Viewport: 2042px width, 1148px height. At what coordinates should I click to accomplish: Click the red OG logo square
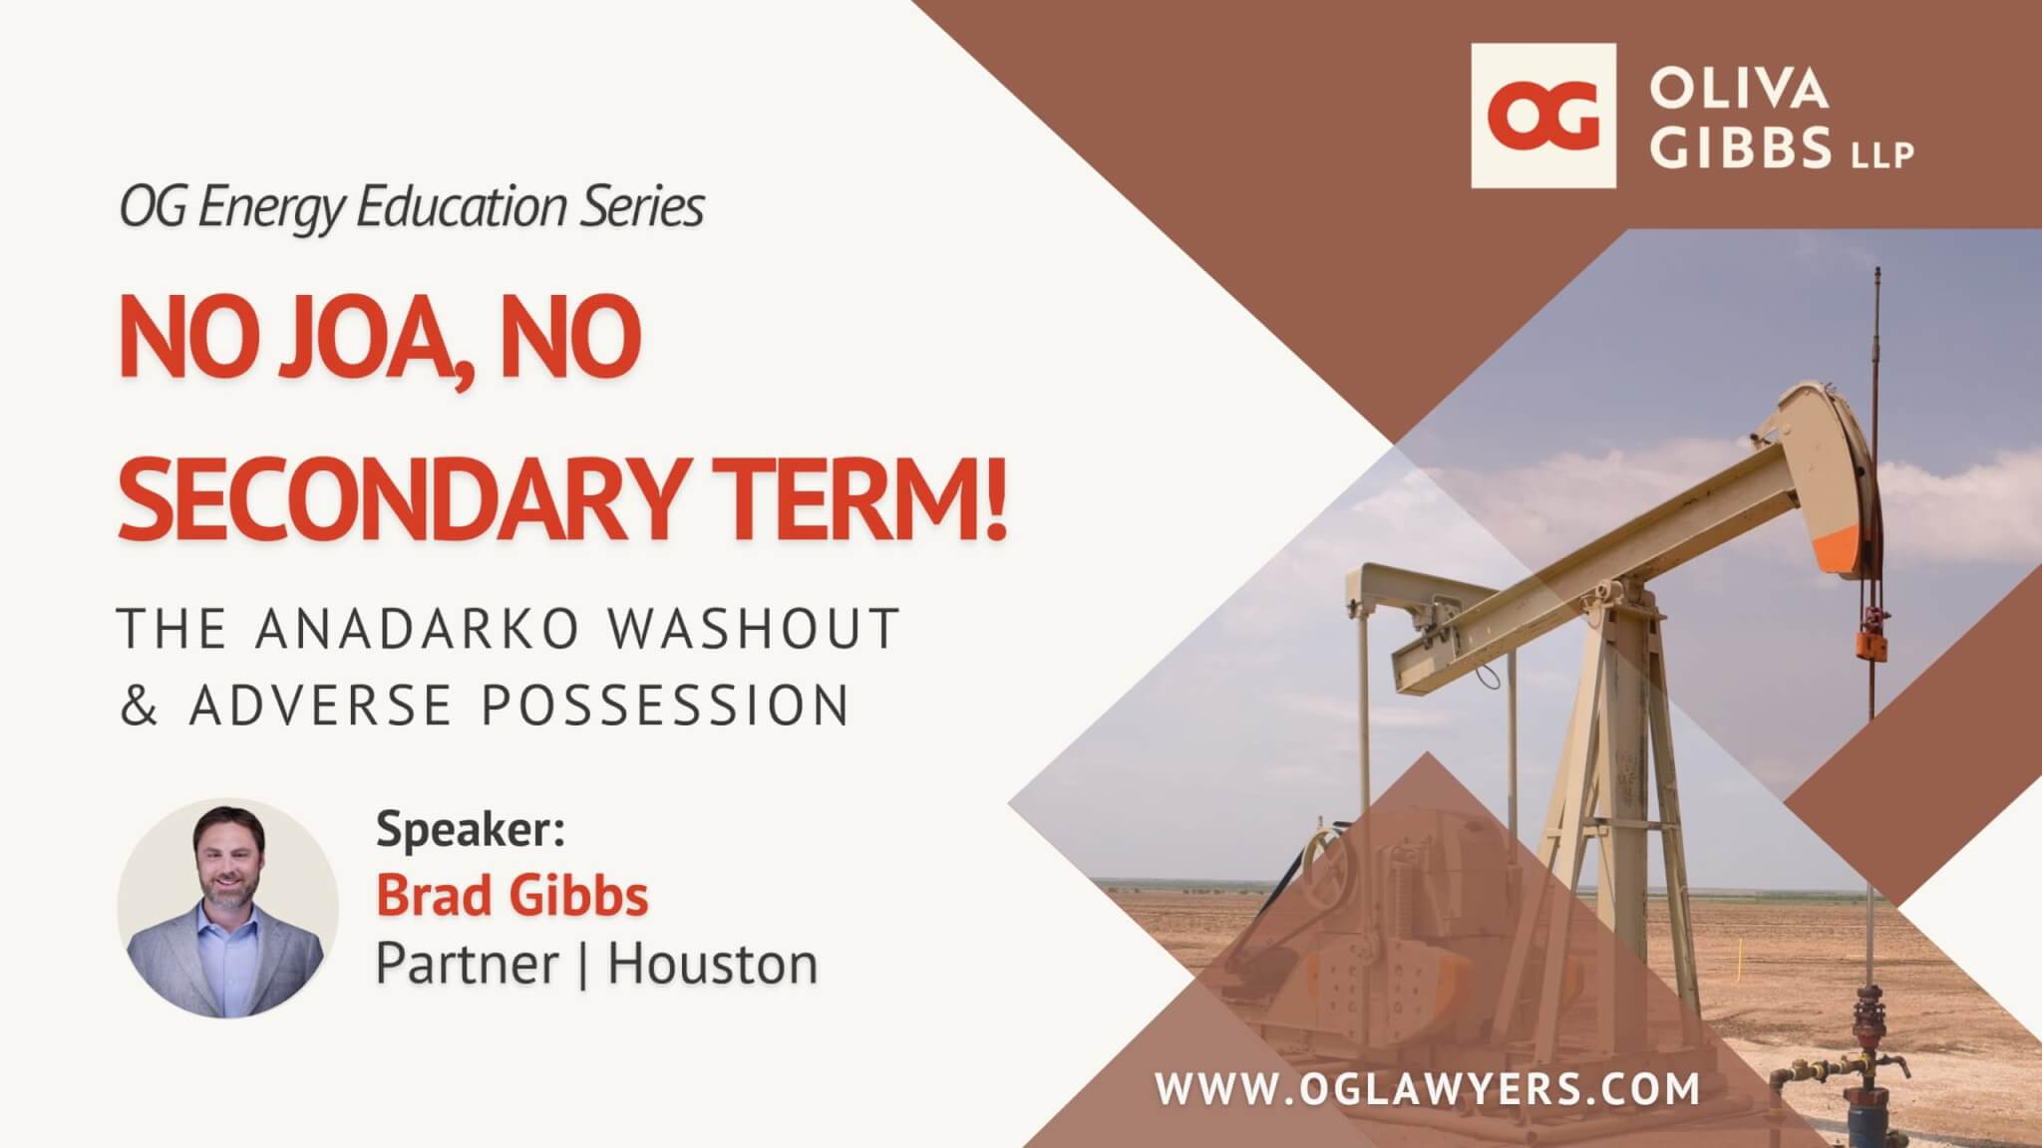click(1543, 116)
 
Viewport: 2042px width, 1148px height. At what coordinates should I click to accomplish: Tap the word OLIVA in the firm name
click(1739, 89)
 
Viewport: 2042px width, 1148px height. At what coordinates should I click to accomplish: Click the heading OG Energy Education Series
click(412, 207)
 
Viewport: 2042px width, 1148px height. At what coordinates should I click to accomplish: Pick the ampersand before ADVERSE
click(139, 705)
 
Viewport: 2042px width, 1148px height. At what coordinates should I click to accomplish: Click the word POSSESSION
click(666, 705)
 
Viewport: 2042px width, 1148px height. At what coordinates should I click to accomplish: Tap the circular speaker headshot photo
click(227, 907)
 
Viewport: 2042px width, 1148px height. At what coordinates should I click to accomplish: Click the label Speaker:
click(471, 829)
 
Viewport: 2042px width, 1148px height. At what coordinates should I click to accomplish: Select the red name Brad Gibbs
click(512, 895)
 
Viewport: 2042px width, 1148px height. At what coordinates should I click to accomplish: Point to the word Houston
click(713, 964)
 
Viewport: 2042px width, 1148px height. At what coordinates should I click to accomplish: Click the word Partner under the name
click(467, 964)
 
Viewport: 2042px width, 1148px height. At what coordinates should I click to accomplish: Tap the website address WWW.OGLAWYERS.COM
click(1428, 1088)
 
